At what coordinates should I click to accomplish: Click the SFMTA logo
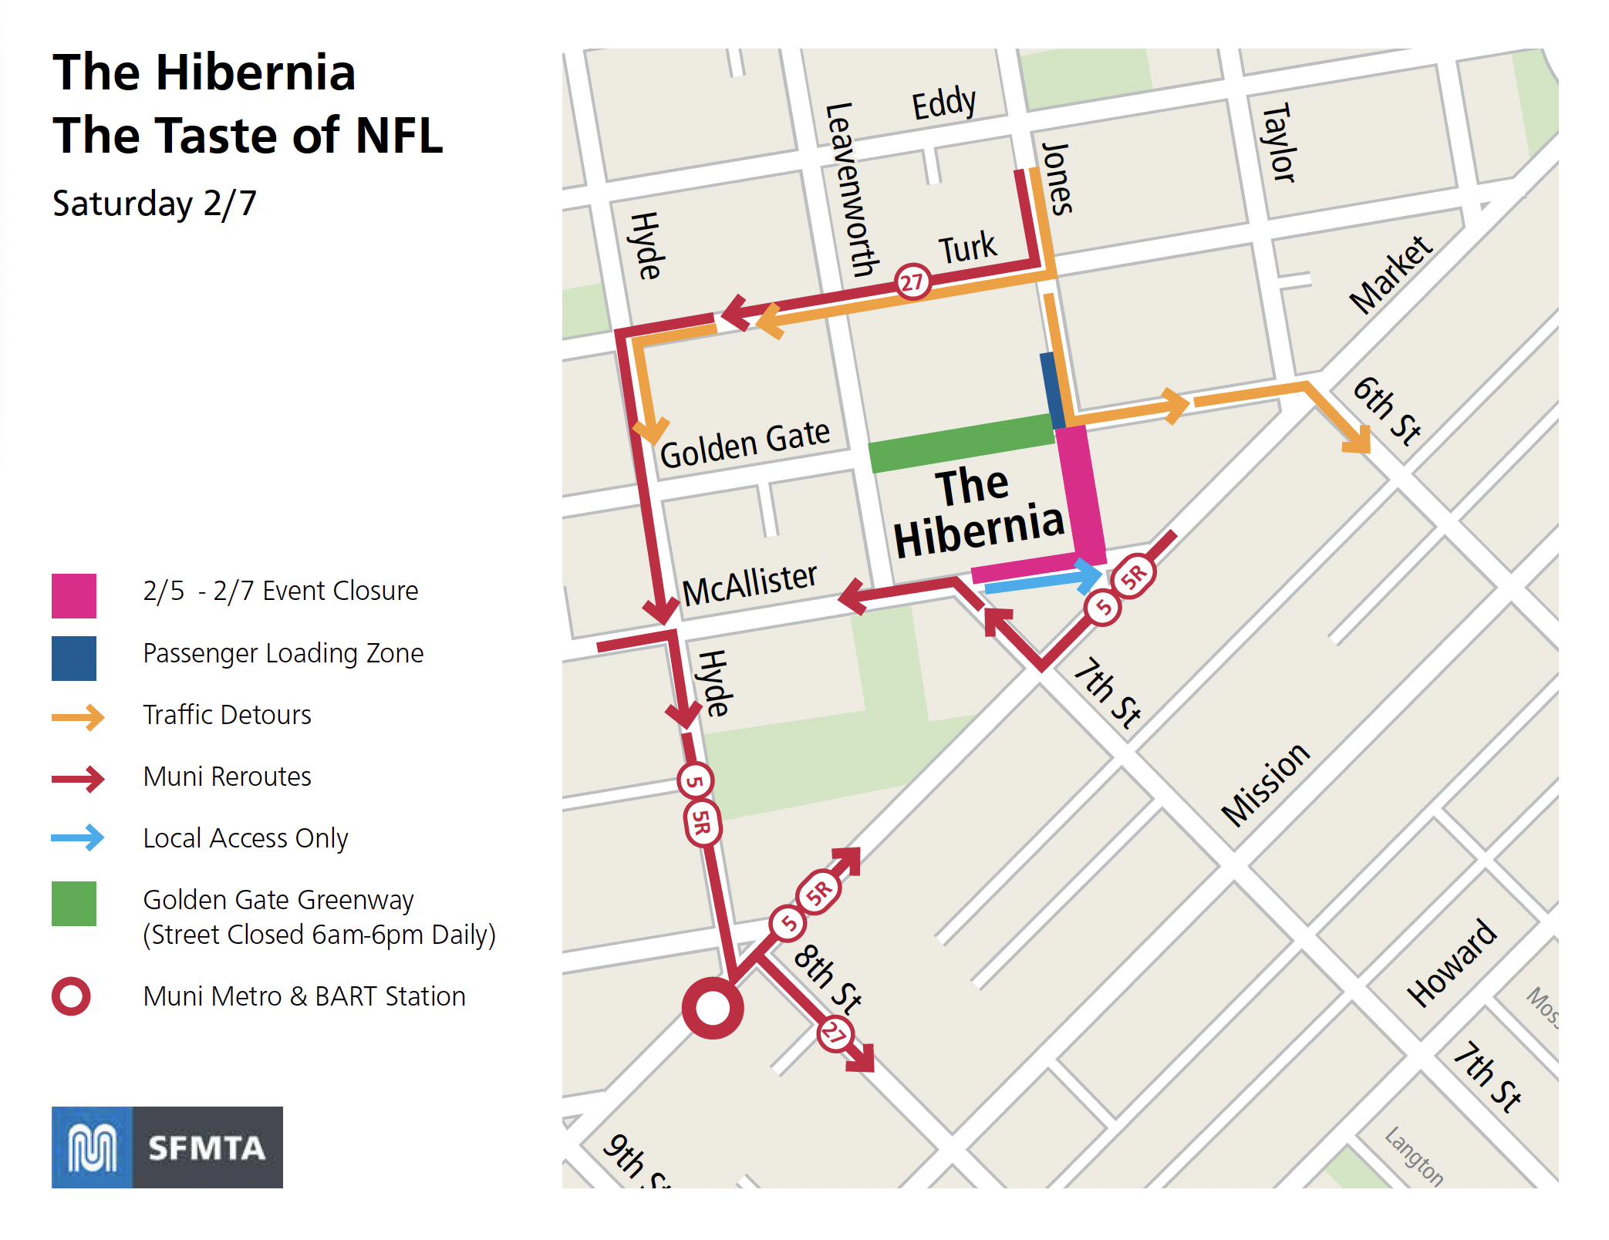tap(167, 1147)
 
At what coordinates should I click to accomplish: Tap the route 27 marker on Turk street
tap(912, 282)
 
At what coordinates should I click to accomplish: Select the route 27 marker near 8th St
tap(835, 1033)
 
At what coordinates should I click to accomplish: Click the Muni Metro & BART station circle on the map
tap(713, 1008)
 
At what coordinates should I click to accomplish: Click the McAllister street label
tap(749, 585)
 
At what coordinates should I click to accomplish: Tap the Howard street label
tap(1451, 963)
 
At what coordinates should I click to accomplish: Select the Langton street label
tap(1413, 1156)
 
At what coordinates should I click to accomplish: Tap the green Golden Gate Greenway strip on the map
tap(961, 443)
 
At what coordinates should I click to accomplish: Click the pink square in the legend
tap(74, 595)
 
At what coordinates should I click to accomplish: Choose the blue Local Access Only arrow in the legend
tap(78, 837)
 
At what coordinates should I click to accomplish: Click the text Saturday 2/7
tap(154, 204)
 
